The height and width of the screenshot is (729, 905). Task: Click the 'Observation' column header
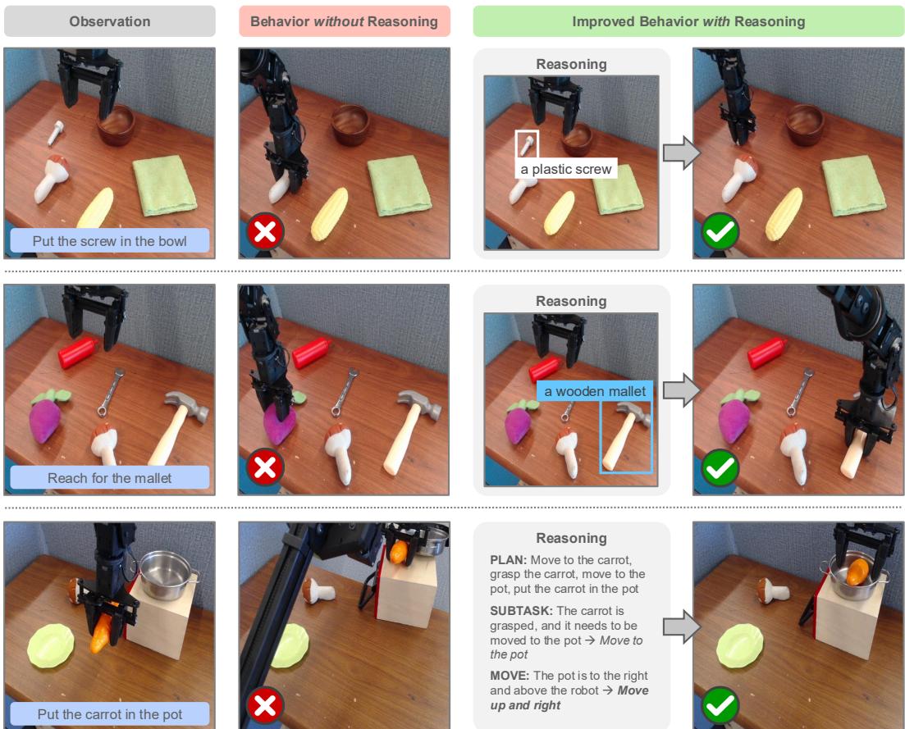pyautogui.click(x=109, y=22)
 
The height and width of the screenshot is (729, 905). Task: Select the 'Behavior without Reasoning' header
pyautogui.click(x=345, y=22)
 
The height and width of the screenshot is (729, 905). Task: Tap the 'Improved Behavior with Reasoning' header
pyautogui.click(x=688, y=22)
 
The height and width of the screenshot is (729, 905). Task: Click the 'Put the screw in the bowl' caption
pyautogui.click(x=110, y=241)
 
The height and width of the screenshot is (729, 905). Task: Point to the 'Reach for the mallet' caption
pyautogui.click(x=110, y=478)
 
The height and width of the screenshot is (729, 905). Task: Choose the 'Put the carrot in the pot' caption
pyautogui.click(x=110, y=714)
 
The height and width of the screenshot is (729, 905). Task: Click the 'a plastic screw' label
pyautogui.click(x=565, y=169)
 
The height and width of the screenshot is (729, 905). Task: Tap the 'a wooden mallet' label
pyautogui.click(x=595, y=391)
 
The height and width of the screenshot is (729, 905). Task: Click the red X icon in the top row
pyautogui.click(x=266, y=233)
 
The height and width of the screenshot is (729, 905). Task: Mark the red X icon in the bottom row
pyautogui.click(x=266, y=705)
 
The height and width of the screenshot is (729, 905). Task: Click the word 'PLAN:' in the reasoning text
pyautogui.click(x=506, y=560)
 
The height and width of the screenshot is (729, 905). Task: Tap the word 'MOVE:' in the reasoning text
pyautogui.click(x=509, y=676)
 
